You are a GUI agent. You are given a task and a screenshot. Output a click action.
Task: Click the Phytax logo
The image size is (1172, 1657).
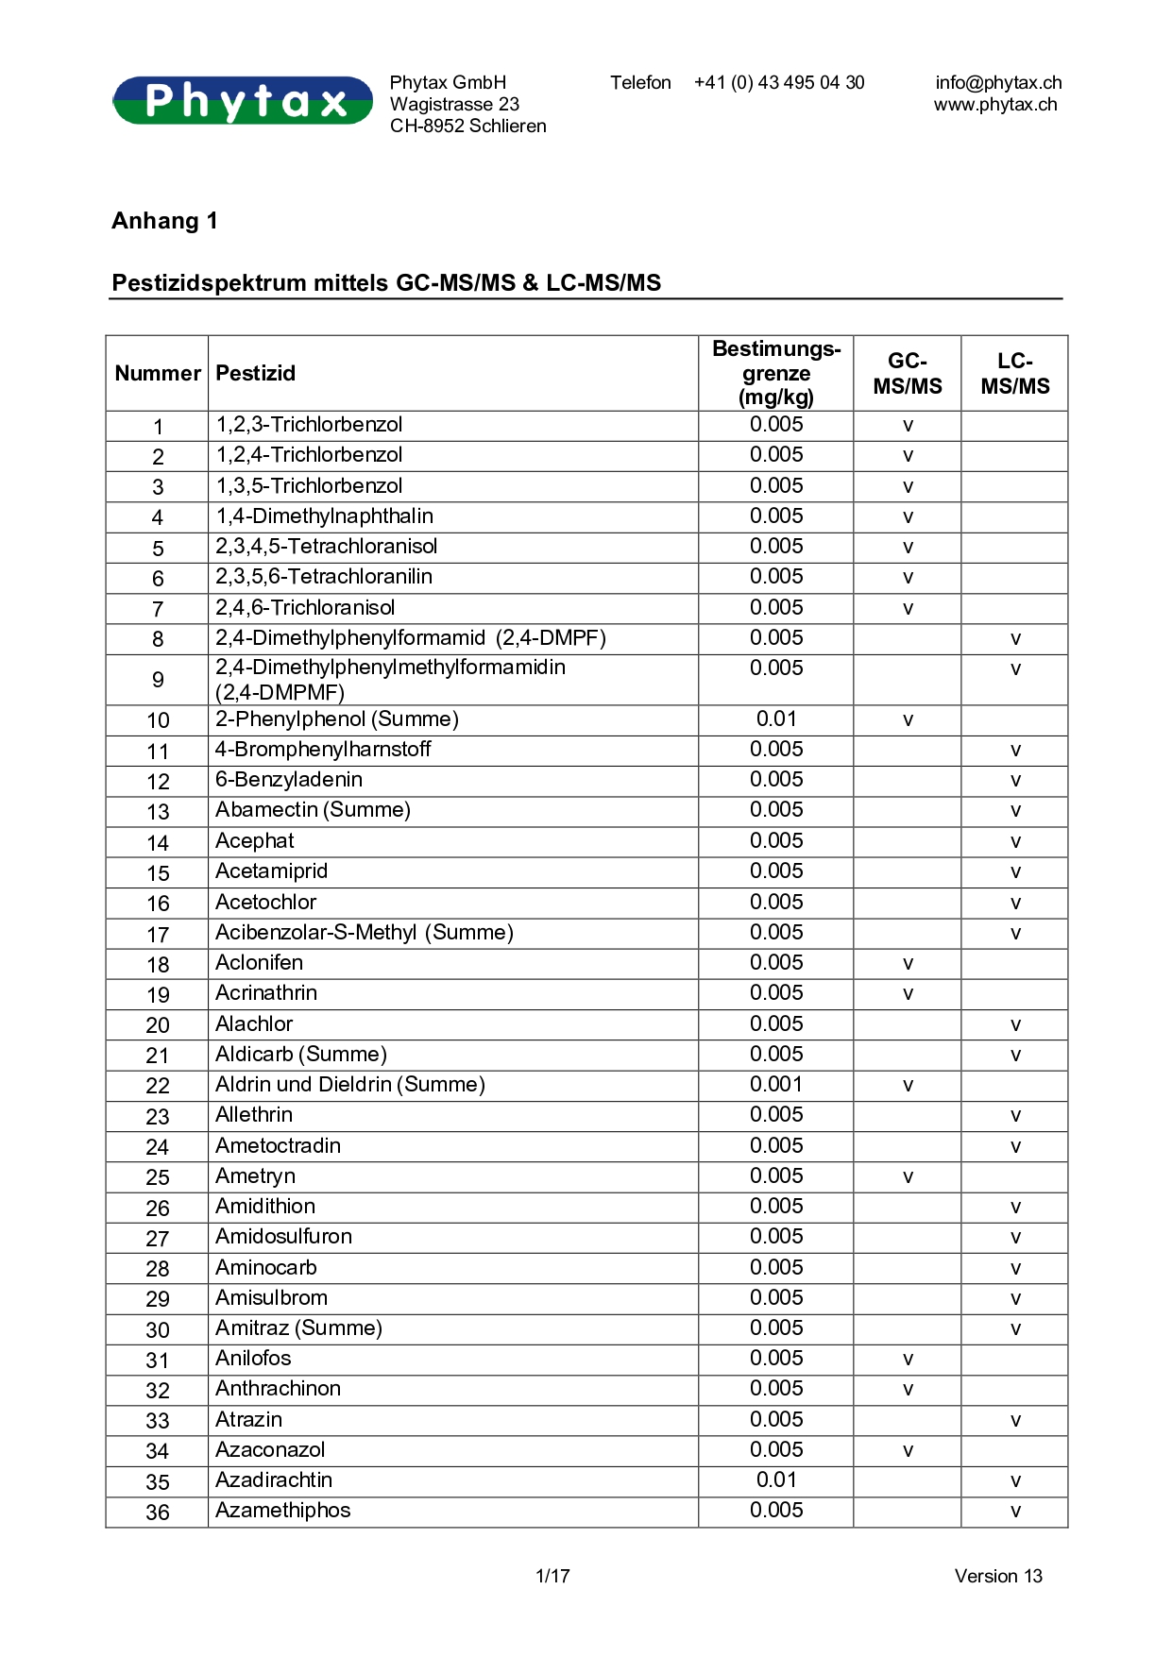[243, 100]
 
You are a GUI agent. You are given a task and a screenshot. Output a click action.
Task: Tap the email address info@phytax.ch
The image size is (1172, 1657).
[998, 83]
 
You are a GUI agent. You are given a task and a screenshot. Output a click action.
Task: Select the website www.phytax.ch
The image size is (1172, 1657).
[995, 105]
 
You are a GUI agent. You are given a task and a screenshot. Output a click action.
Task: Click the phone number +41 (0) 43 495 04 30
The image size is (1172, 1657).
[779, 83]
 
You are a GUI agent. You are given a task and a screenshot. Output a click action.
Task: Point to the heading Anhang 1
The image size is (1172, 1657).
[164, 221]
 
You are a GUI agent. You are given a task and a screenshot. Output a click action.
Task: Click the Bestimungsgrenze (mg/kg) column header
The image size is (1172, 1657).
[776, 373]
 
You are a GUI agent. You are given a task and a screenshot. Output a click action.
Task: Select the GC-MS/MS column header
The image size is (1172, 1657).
[908, 373]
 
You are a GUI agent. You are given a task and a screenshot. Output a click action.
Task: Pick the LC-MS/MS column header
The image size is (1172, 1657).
[1015, 373]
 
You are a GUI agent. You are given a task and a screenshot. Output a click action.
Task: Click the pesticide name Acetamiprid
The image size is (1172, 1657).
[271, 871]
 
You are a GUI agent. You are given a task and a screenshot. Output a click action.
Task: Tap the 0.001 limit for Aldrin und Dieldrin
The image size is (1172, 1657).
[776, 1085]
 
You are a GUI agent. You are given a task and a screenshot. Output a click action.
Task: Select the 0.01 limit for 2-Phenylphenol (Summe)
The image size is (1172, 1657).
[776, 719]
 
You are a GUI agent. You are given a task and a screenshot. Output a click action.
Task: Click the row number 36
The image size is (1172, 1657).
[158, 1513]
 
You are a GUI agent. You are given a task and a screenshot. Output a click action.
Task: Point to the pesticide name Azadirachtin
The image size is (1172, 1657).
[274, 1480]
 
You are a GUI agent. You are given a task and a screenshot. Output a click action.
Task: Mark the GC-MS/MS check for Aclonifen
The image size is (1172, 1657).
[908, 964]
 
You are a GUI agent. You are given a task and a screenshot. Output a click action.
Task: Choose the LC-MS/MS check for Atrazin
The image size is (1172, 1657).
[1015, 1421]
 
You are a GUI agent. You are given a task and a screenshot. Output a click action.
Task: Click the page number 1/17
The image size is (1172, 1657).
[552, 1576]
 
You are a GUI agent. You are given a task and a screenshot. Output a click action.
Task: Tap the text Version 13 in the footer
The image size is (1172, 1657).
[998, 1576]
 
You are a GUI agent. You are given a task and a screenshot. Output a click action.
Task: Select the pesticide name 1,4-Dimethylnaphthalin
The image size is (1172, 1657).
[324, 516]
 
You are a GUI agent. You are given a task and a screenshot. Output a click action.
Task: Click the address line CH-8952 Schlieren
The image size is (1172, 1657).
[468, 127]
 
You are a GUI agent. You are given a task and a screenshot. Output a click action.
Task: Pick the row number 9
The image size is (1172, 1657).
[158, 680]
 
